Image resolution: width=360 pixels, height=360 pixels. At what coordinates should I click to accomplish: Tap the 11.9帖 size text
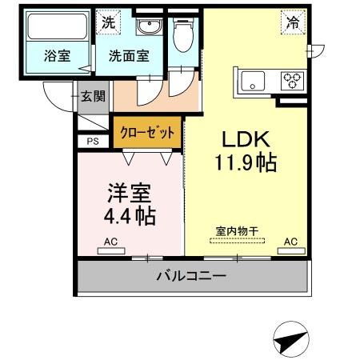point(246,164)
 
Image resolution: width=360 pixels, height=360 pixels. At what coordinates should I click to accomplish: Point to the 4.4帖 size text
point(128,216)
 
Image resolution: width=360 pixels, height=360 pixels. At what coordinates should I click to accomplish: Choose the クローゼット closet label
point(146,133)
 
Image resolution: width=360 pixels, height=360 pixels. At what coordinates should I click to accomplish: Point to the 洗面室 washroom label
point(128,57)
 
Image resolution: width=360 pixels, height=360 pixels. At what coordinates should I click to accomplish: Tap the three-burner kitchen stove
point(291,80)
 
